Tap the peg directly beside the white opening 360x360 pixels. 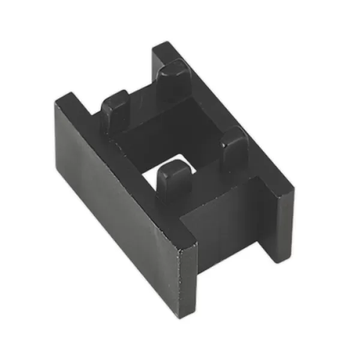click(172, 180)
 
